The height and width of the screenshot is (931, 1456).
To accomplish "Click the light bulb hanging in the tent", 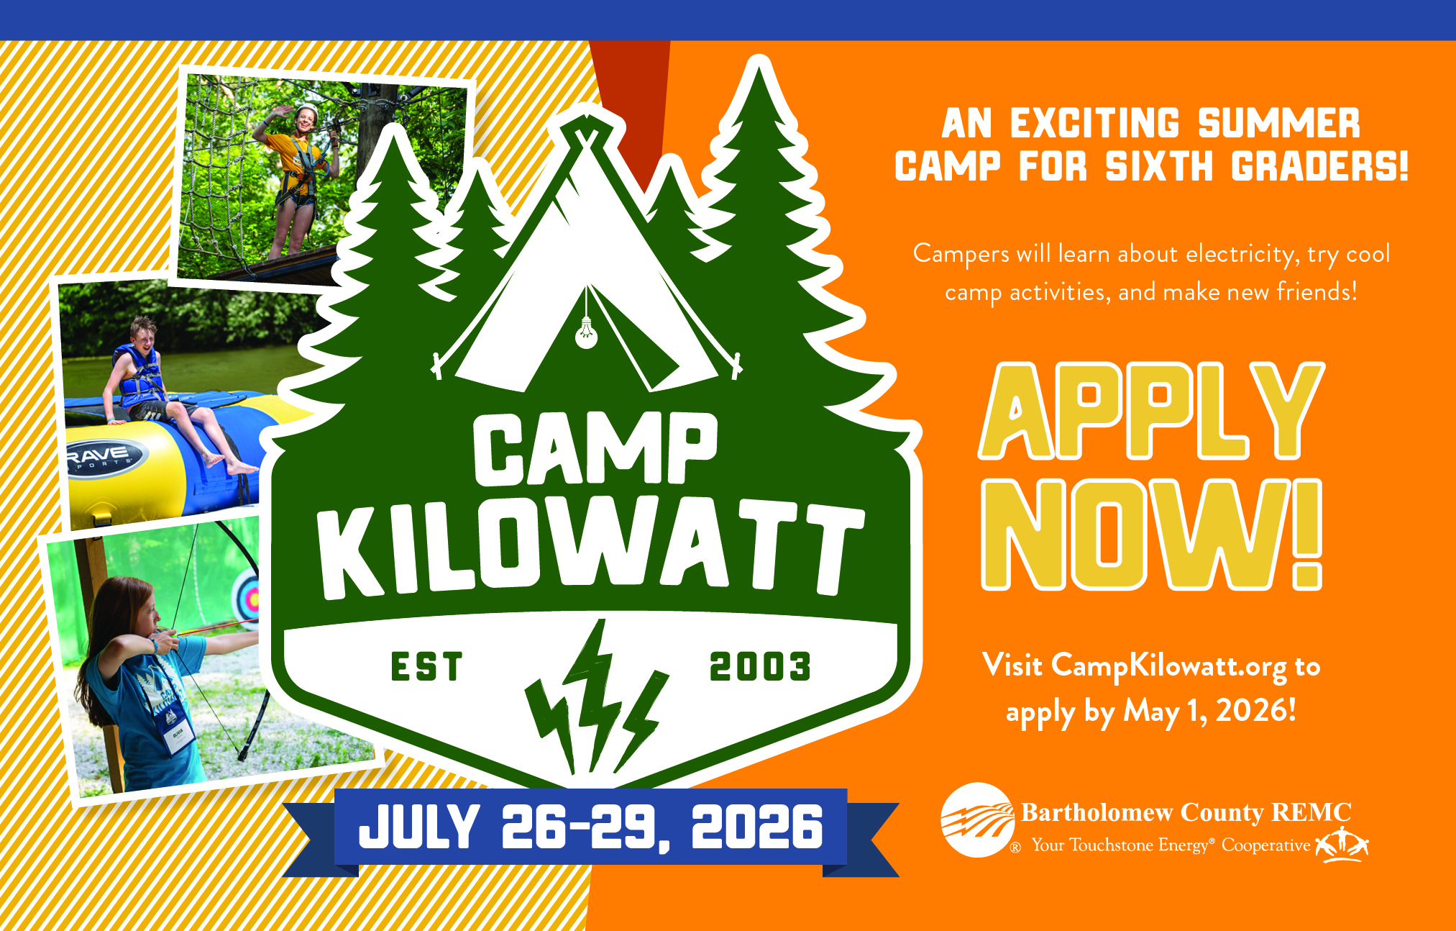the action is pos(587,333).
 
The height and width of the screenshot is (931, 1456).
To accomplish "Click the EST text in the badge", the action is pos(426,666).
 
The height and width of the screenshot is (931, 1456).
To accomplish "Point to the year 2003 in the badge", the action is pos(760,666).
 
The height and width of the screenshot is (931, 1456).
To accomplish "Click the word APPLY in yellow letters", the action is pos(1151,411).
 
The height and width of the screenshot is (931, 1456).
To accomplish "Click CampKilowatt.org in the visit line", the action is pos(1168,666).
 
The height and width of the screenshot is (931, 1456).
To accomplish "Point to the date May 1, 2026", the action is pos(1209,711).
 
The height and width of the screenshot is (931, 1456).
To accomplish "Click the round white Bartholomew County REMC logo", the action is pos(977,820).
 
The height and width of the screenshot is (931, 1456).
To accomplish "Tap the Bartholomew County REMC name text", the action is pos(1186,812).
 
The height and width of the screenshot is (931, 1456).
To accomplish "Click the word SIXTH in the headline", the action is pos(1159,167).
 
